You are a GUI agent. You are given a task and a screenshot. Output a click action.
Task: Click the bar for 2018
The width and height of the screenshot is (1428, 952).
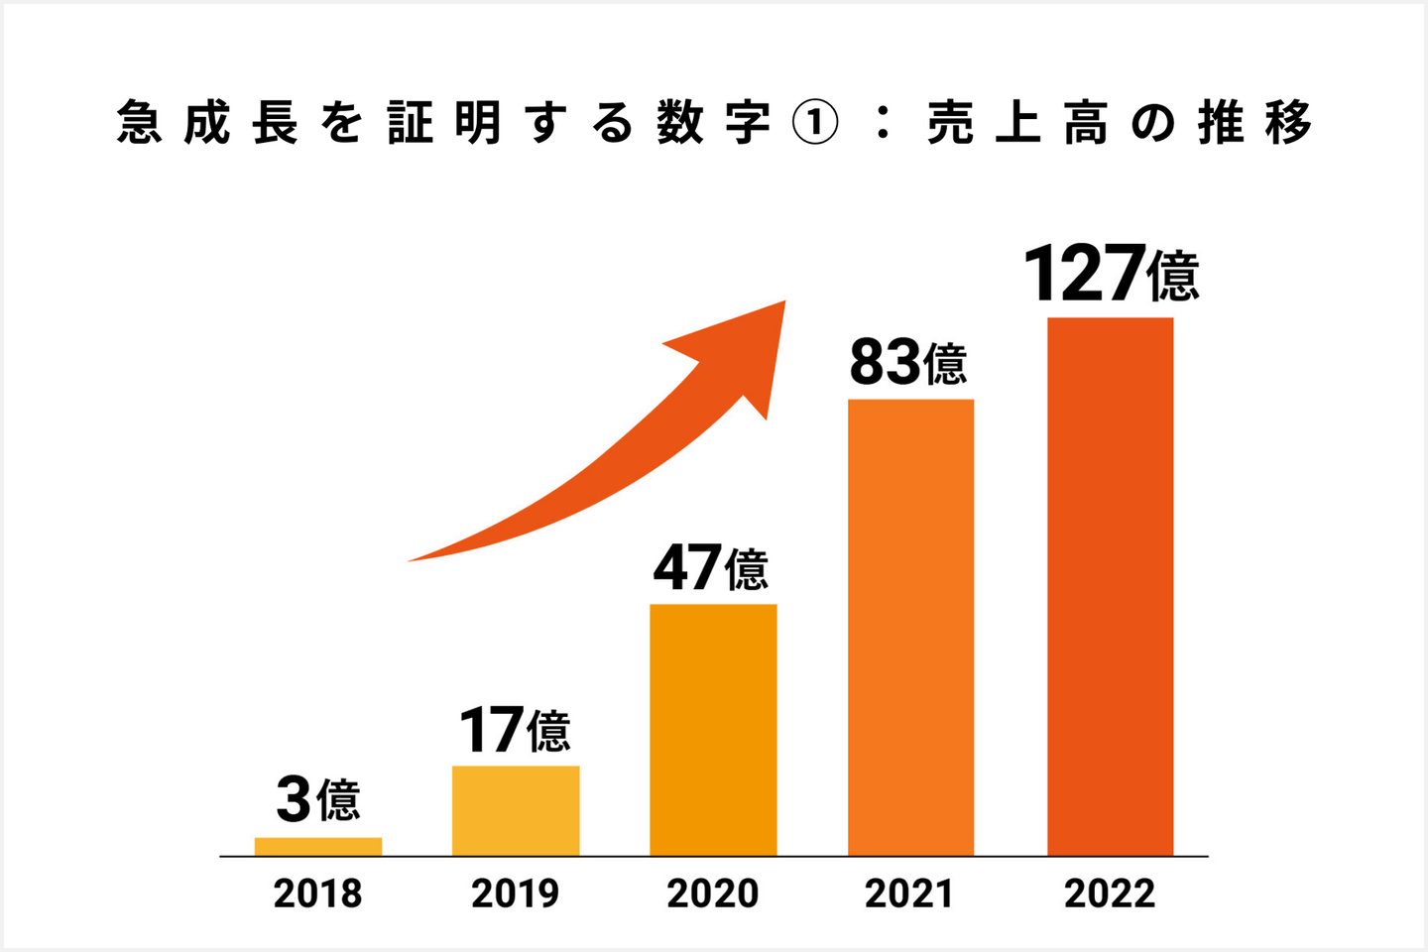click(317, 847)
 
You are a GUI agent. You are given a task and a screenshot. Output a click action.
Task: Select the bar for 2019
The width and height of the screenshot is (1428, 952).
click(516, 810)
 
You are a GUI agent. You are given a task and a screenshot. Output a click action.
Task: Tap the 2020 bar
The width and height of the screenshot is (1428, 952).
click(713, 730)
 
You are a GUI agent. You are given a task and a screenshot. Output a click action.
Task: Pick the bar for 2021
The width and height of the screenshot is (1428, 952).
click(910, 627)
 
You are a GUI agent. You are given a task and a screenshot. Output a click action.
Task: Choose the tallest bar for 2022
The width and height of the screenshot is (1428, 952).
click(1110, 586)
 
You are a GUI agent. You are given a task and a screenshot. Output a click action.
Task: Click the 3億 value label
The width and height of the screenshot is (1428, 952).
click(317, 799)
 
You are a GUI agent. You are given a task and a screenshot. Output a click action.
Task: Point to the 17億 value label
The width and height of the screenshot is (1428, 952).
click(515, 731)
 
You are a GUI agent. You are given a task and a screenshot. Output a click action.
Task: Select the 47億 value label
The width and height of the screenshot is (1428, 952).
click(711, 568)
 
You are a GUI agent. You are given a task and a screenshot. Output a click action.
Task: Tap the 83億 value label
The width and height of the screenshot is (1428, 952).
click(908, 363)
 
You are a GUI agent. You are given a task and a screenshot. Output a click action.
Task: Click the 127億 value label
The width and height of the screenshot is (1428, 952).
click(1111, 275)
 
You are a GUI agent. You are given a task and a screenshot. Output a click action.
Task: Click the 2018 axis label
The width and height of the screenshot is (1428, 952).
click(317, 893)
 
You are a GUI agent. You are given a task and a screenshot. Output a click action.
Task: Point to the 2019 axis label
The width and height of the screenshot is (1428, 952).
click(515, 893)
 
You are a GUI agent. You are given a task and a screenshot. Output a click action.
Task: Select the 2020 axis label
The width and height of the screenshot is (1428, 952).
click(712, 893)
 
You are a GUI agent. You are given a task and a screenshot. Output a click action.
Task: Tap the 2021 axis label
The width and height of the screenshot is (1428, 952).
click(908, 893)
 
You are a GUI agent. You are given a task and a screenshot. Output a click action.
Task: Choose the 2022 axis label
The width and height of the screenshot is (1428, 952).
click(1110, 893)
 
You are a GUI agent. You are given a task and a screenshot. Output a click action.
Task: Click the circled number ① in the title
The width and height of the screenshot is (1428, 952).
click(815, 124)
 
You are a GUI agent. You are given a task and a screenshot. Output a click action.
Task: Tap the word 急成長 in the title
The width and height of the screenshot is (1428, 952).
click(207, 124)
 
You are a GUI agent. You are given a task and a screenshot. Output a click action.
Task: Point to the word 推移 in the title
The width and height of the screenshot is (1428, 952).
click(1254, 124)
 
